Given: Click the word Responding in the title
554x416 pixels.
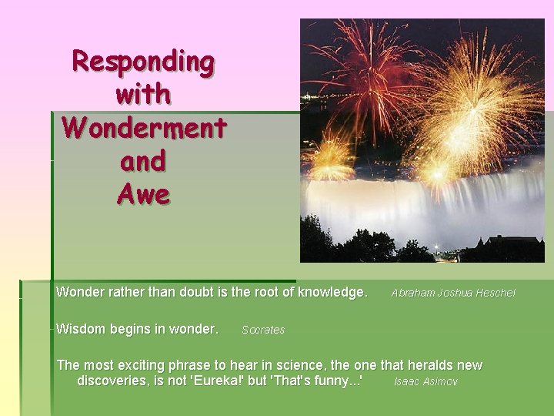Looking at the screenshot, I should point(143,61).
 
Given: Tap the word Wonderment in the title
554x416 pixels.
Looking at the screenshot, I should point(143,127).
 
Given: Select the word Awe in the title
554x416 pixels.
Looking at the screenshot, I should point(143,194).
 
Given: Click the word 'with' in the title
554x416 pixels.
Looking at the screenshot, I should point(143,94).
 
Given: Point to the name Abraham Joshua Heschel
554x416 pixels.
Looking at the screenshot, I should point(453,293).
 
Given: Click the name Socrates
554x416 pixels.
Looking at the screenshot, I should point(263,330).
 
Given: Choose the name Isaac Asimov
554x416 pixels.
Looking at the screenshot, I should point(426,382).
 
